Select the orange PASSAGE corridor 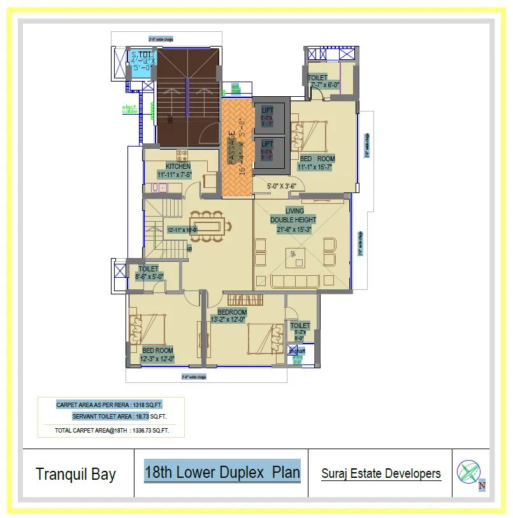pyautogui.click(x=236, y=148)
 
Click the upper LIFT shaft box pyautogui.click(x=268, y=117)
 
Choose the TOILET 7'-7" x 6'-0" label pyautogui.click(x=323, y=81)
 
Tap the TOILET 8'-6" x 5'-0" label pyautogui.click(x=149, y=273)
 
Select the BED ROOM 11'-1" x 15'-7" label pyautogui.click(x=317, y=163)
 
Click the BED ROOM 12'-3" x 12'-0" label pyautogui.click(x=157, y=355)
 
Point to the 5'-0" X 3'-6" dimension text pyautogui.click(x=277, y=187)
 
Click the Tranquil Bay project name pyautogui.click(x=76, y=474)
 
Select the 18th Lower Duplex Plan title pyautogui.click(x=222, y=473)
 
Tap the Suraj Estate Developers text pyautogui.click(x=380, y=473)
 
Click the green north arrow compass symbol pyautogui.click(x=468, y=472)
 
